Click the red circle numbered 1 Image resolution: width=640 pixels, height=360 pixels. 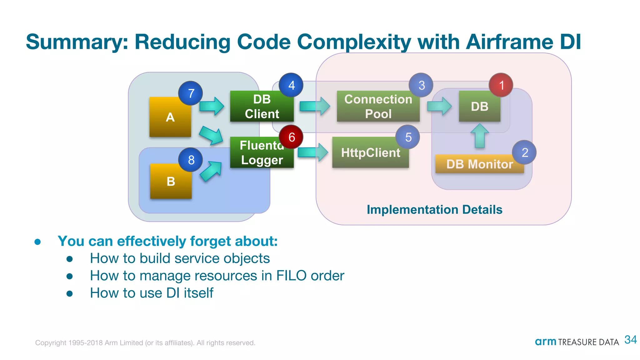501,85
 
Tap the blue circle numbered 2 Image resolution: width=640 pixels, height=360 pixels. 524,152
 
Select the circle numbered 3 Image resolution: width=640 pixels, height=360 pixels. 421,85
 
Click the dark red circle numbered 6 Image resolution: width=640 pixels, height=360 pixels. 291,137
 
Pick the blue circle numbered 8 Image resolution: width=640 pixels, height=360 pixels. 191,160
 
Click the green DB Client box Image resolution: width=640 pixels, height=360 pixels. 262,107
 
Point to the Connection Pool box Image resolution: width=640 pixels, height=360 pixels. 378,107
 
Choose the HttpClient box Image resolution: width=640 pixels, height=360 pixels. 370,153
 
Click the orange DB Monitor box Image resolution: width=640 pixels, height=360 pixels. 479,164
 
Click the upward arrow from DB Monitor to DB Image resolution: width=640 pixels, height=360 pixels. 479,136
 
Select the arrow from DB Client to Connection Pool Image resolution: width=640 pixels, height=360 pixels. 314,106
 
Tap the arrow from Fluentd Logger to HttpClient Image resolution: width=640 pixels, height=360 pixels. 312,152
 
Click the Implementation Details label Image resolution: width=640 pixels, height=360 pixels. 434,210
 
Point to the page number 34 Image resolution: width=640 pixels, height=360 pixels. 630,340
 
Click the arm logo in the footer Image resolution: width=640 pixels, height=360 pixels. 545,342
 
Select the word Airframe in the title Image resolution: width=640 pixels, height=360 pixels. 509,42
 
